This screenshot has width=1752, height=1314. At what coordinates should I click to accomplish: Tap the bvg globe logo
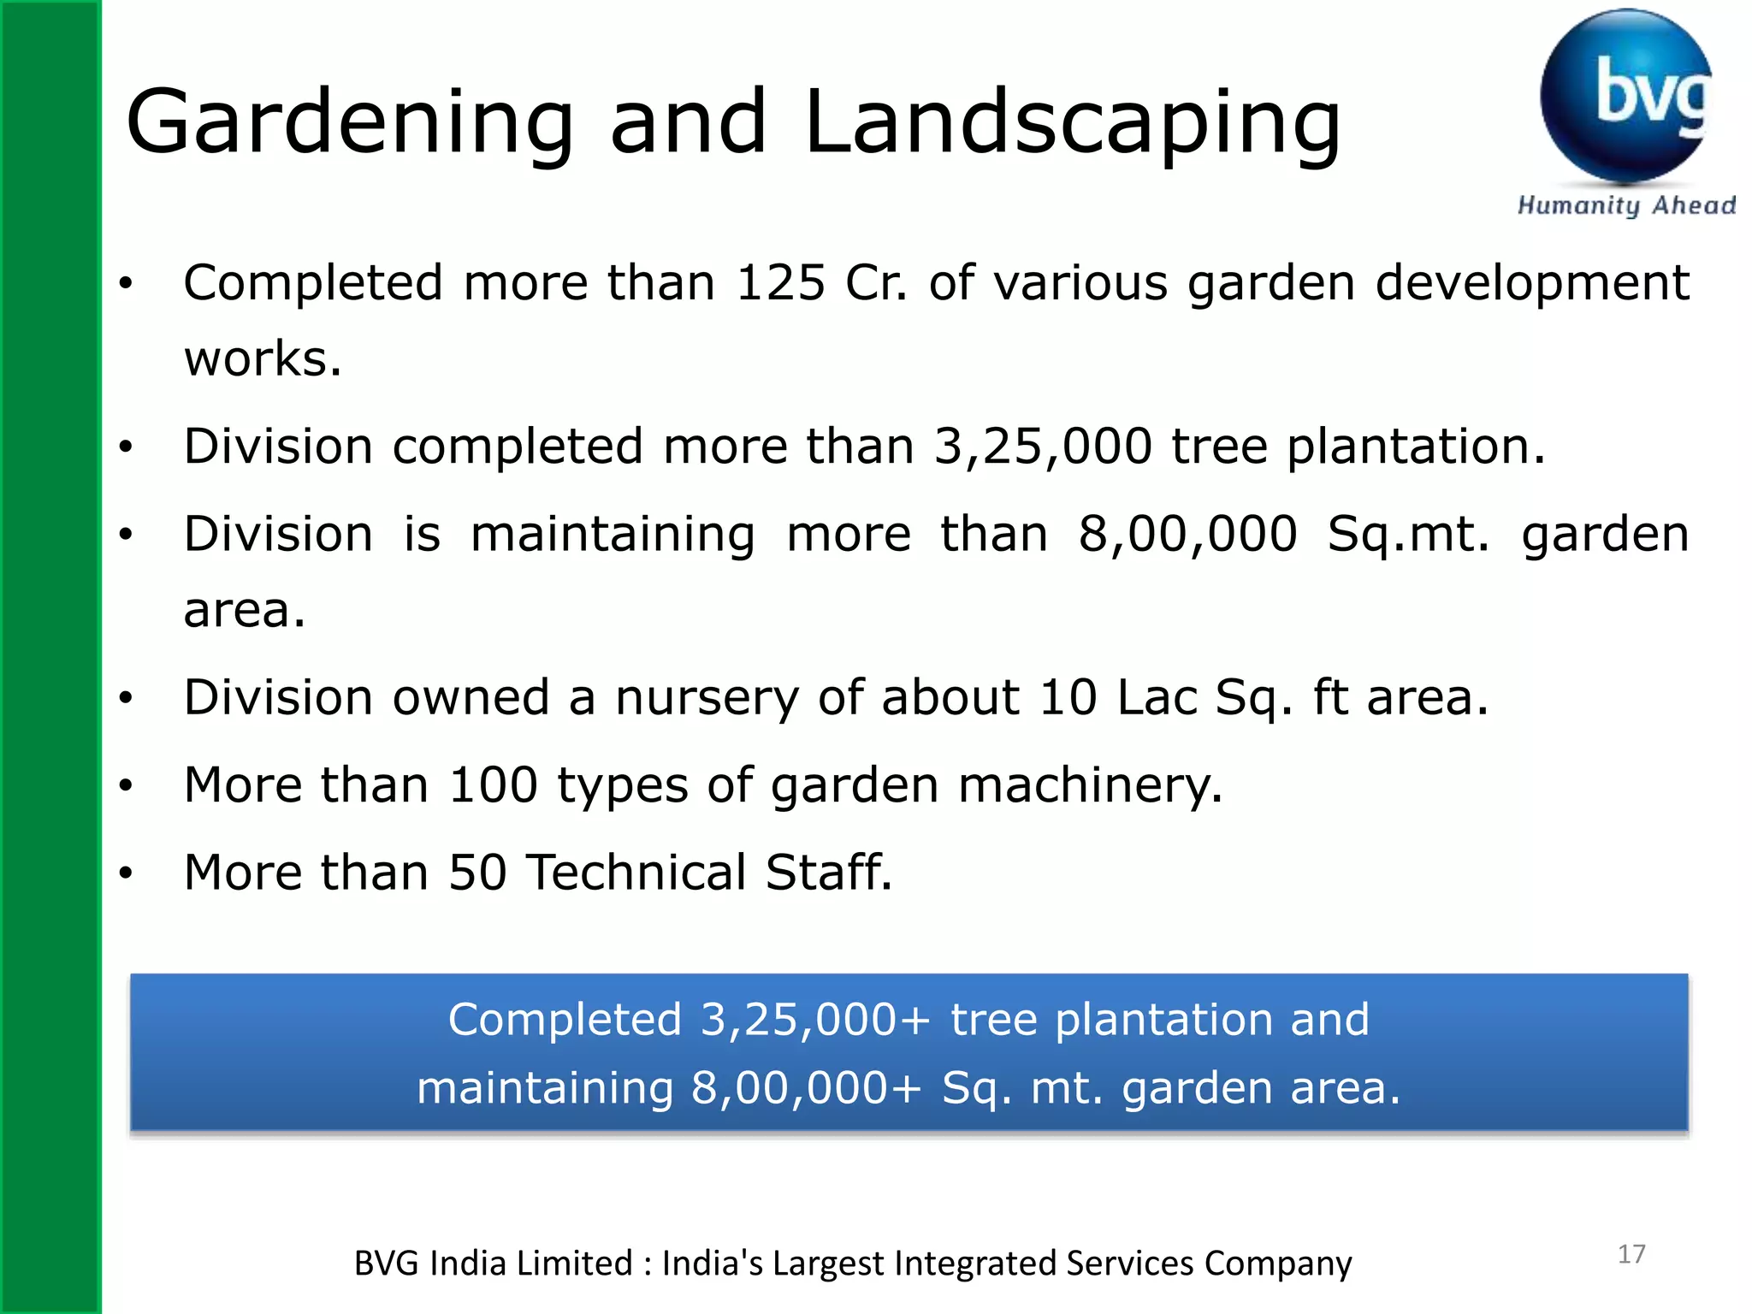1625,96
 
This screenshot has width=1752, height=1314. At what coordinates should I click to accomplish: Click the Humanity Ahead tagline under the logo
1625,206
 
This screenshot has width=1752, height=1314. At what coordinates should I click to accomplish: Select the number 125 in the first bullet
780,283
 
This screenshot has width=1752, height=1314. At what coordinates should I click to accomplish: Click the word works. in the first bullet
263,359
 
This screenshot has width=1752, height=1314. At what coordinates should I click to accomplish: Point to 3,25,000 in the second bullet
1043,447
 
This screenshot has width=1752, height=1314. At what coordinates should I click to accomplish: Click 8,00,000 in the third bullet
1187,536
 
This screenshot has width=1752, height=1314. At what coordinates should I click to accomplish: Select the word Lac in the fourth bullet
1157,698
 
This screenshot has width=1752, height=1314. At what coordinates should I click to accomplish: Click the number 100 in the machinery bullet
494,786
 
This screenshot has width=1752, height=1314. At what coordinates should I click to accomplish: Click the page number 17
1631,1254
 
